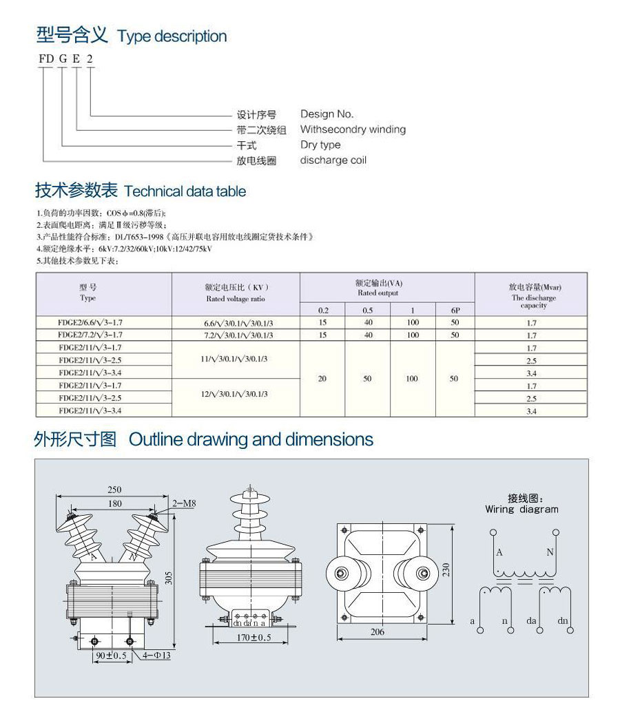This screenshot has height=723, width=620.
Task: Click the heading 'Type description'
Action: [x=172, y=36]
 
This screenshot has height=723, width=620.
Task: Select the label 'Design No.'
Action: [x=327, y=114]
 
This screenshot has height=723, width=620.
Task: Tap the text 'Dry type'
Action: [x=320, y=145]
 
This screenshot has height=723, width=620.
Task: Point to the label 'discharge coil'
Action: [x=333, y=160]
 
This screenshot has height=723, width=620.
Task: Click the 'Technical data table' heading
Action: [x=185, y=191]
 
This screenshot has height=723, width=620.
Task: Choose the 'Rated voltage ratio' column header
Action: [x=236, y=299]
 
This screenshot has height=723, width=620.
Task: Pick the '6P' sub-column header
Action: [x=454, y=310]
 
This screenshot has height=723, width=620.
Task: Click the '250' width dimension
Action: [x=114, y=490]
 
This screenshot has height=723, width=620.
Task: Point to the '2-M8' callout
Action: [x=185, y=503]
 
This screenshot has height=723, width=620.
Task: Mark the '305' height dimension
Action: [x=169, y=578]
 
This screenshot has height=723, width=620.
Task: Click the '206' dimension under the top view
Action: [x=378, y=632]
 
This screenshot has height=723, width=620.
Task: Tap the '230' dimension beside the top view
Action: [x=446, y=572]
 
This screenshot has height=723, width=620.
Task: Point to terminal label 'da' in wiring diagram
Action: [x=532, y=621]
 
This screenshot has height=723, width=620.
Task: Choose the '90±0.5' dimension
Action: [x=111, y=655]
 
